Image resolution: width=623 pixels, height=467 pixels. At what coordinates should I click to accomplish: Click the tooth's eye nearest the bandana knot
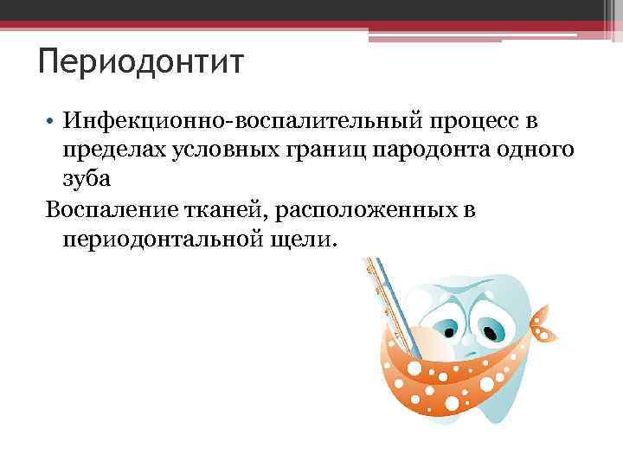point(491,331)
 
